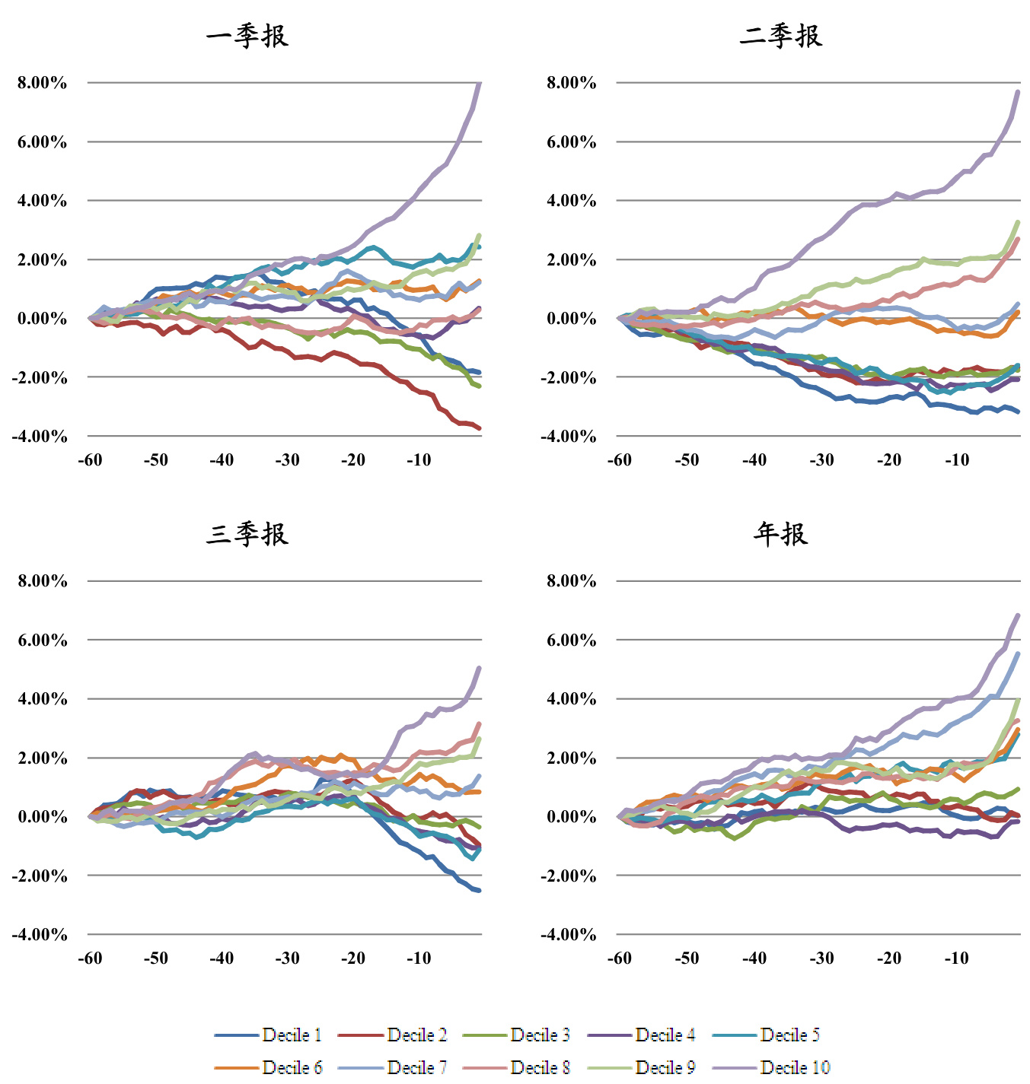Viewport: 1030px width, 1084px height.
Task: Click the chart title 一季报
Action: [x=247, y=36]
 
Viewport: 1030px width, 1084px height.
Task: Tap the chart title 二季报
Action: [x=781, y=36]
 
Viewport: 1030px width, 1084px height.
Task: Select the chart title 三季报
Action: [x=247, y=534]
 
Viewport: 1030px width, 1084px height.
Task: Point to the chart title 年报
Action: [x=781, y=534]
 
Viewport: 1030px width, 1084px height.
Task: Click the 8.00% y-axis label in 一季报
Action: [x=43, y=83]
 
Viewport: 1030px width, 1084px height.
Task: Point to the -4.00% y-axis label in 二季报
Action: [x=568, y=437]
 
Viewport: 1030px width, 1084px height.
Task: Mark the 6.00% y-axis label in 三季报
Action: [x=43, y=641]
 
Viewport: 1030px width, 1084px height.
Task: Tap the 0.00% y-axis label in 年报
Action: [x=571, y=817]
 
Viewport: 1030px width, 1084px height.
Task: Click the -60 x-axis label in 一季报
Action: [x=90, y=459]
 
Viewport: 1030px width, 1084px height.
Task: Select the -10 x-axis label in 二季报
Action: [x=956, y=459]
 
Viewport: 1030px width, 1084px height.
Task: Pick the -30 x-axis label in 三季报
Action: [x=287, y=958]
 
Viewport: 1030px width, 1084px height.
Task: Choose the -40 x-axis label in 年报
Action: [x=754, y=958]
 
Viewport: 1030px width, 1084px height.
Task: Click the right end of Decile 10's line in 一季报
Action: [x=480, y=83]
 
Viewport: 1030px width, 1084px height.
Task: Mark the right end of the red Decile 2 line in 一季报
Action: [x=480, y=428]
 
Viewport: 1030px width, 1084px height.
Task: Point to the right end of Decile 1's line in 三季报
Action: [x=480, y=891]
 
